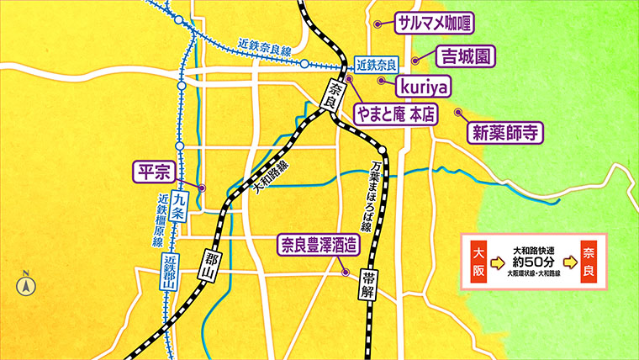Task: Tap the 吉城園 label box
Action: click(x=465, y=57)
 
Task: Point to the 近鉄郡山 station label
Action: click(x=169, y=272)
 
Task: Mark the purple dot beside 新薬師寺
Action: click(x=458, y=111)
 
